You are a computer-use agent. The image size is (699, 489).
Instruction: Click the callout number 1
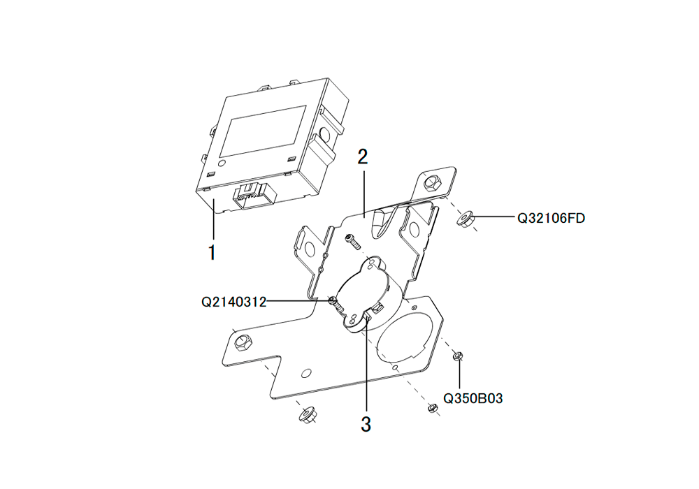212,252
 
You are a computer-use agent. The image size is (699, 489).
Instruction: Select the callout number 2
363,156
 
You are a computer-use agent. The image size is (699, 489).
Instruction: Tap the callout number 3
366,425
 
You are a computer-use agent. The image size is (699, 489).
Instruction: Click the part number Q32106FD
551,218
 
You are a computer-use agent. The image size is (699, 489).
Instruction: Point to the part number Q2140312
234,302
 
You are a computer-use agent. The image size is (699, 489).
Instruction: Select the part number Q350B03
473,398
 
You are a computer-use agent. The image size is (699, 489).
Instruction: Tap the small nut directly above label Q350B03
457,356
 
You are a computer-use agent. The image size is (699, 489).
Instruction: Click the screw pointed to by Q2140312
336,304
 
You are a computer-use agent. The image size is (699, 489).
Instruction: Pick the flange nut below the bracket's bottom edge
308,416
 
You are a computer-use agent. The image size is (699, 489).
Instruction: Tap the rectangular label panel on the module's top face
263,131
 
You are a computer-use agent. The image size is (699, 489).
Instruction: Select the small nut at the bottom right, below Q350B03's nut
431,407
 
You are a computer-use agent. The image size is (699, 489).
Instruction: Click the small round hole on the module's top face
223,163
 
